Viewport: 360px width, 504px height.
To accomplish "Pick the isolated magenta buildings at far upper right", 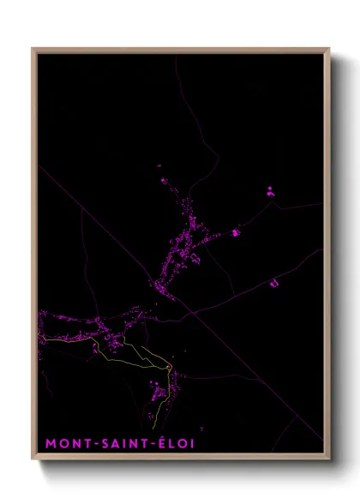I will [x=269, y=190].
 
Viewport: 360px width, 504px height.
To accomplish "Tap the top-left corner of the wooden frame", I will [x=33, y=49].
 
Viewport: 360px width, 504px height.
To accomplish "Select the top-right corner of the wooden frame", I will [x=328, y=49].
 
